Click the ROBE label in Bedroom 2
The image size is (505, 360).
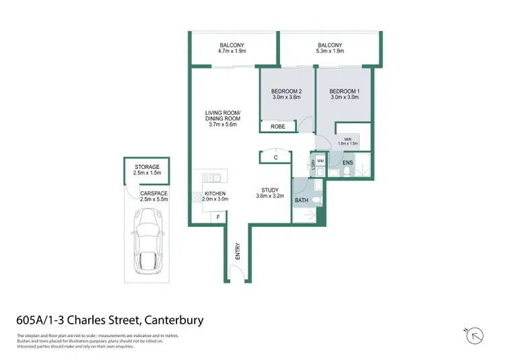point(278,127)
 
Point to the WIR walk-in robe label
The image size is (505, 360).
point(348,139)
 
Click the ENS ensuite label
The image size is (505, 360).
point(348,163)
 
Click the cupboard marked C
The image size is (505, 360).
point(276,157)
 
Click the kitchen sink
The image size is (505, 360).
point(214,178)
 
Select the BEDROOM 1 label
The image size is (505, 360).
point(343,91)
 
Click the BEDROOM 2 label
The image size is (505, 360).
point(285,91)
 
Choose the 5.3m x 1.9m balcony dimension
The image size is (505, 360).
point(330,50)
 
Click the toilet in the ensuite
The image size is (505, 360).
point(345,172)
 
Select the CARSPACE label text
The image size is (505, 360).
point(154,194)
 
